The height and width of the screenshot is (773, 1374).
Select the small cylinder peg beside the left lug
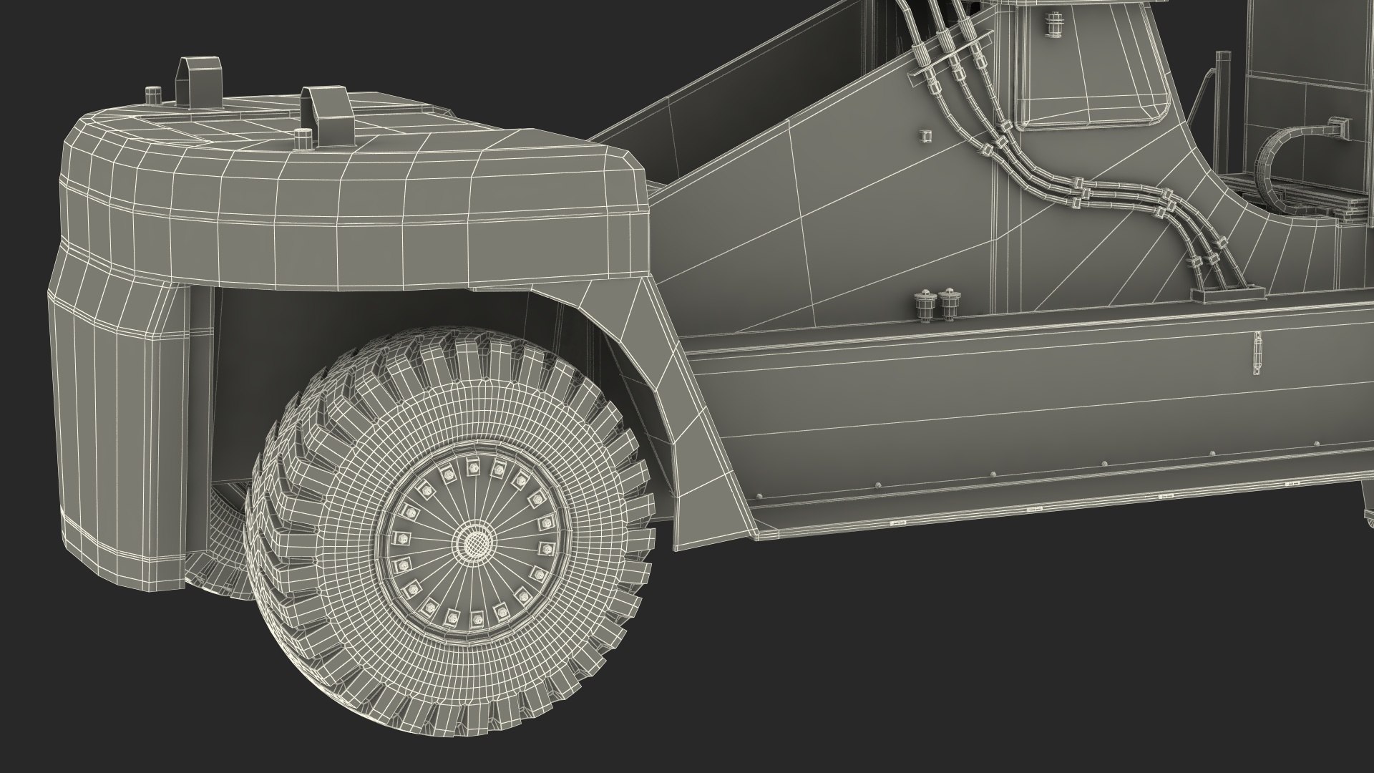(x=152, y=95)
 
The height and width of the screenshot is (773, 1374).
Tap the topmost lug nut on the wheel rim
(x=472, y=468)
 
